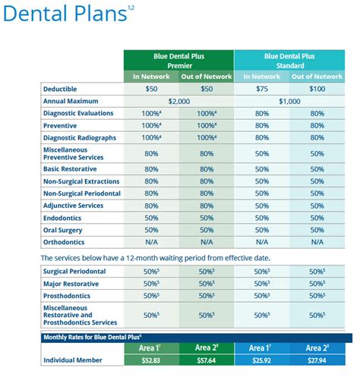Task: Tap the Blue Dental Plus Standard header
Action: (289, 60)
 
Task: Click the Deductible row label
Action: (63, 88)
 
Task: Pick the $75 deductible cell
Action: (261, 88)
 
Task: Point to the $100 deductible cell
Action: (317, 88)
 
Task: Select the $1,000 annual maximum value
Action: (289, 101)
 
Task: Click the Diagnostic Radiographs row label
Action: (81, 139)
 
